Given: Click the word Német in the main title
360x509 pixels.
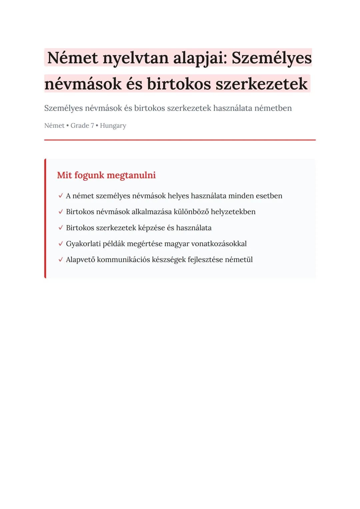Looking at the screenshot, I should pyautogui.click(x=72, y=58).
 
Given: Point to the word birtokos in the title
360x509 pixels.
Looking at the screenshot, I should pyautogui.click(x=179, y=84).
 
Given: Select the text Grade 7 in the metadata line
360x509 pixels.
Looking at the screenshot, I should pyautogui.click(x=82, y=126).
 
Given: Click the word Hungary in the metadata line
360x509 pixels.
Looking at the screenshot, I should pyautogui.click(x=113, y=126).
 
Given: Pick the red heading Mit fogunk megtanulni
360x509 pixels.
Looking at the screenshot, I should pyautogui.click(x=106, y=175).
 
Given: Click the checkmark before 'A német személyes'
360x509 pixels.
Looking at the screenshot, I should pyautogui.click(x=60, y=196).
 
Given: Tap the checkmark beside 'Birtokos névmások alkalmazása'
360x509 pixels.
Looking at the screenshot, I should pyautogui.click(x=60, y=212).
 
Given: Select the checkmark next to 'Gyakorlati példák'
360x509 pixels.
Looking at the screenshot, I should pyautogui.click(x=60, y=244).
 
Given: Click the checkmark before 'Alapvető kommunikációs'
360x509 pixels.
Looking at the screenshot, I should pyautogui.click(x=60, y=260).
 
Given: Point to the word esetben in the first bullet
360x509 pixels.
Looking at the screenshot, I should pyautogui.click(x=269, y=196).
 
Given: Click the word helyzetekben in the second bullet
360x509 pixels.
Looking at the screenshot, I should pyautogui.click(x=233, y=212).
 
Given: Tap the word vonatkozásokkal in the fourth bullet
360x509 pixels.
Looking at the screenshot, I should pyautogui.click(x=219, y=244).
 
